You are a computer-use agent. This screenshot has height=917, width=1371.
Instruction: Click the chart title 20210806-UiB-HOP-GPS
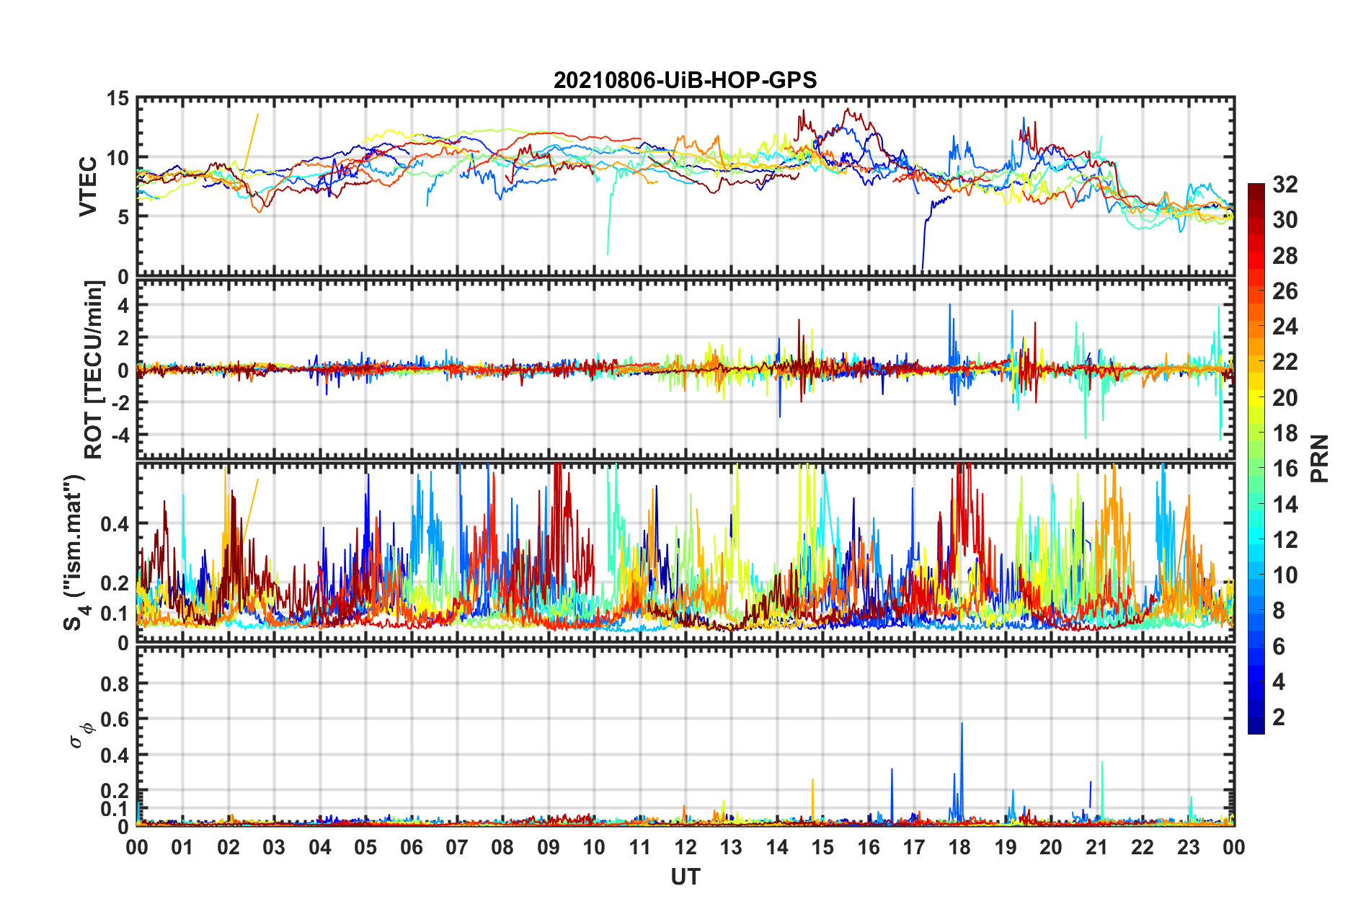click(685, 80)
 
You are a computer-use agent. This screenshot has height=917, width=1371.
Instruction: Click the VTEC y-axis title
click(88, 186)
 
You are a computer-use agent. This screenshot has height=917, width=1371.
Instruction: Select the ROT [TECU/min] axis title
click(94, 370)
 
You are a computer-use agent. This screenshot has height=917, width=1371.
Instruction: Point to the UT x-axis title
click(685, 877)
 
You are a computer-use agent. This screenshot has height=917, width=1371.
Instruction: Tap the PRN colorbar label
click(1319, 458)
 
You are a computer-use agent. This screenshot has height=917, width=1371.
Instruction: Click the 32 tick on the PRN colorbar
click(1285, 185)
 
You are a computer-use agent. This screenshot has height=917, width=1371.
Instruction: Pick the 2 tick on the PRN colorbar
click(1279, 717)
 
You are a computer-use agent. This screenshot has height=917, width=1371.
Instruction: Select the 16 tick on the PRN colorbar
click(1285, 469)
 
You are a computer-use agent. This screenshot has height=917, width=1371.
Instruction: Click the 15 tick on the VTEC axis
click(117, 99)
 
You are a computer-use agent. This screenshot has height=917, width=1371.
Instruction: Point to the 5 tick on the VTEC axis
click(123, 217)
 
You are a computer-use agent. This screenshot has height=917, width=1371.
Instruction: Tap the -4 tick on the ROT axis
click(120, 435)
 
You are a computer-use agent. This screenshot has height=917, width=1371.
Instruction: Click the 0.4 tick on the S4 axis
click(115, 524)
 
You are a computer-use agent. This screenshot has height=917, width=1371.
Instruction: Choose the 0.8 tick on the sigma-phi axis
click(115, 683)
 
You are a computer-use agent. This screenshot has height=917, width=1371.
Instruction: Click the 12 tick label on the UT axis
click(685, 847)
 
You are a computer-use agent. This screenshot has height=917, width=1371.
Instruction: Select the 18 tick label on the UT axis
click(959, 847)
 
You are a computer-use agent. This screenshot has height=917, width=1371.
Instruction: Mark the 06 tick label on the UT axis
click(411, 847)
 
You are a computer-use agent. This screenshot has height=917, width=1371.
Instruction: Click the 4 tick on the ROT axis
click(123, 306)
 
